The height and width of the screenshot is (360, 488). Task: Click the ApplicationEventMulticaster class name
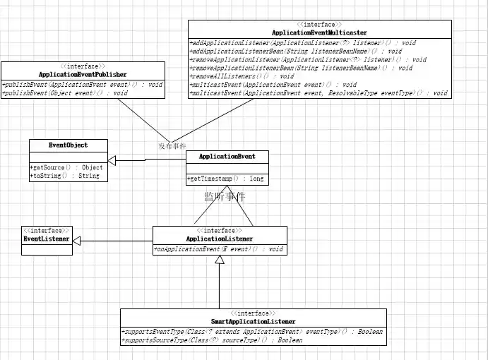click(x=319, y=32)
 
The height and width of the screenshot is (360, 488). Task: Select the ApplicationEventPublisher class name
click(x=83, y=74)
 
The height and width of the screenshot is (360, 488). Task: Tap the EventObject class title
click(x=69, y=145)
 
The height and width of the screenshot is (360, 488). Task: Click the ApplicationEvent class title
click(x=227, y=156)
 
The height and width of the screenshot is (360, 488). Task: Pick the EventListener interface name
click(x=47, y=239)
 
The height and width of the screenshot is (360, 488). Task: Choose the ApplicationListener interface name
click(x=220, y=239)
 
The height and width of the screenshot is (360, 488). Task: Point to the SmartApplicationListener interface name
click(x=253, y=322)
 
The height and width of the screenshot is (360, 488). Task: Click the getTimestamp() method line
click(x=226, y=179)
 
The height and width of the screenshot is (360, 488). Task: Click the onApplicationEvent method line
click(x=218, y=249)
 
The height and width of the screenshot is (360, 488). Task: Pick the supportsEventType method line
click(x=252, y=332)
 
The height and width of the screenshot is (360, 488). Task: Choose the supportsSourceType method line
click(x=212, y=340)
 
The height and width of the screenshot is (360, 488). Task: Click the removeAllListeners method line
click(x=242, y=76)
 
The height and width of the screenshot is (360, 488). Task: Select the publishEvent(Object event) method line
click(x=66, y=92)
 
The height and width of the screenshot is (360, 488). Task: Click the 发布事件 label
click(x=172, y=145)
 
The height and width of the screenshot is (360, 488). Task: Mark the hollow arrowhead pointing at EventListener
click(x=76, y=241)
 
